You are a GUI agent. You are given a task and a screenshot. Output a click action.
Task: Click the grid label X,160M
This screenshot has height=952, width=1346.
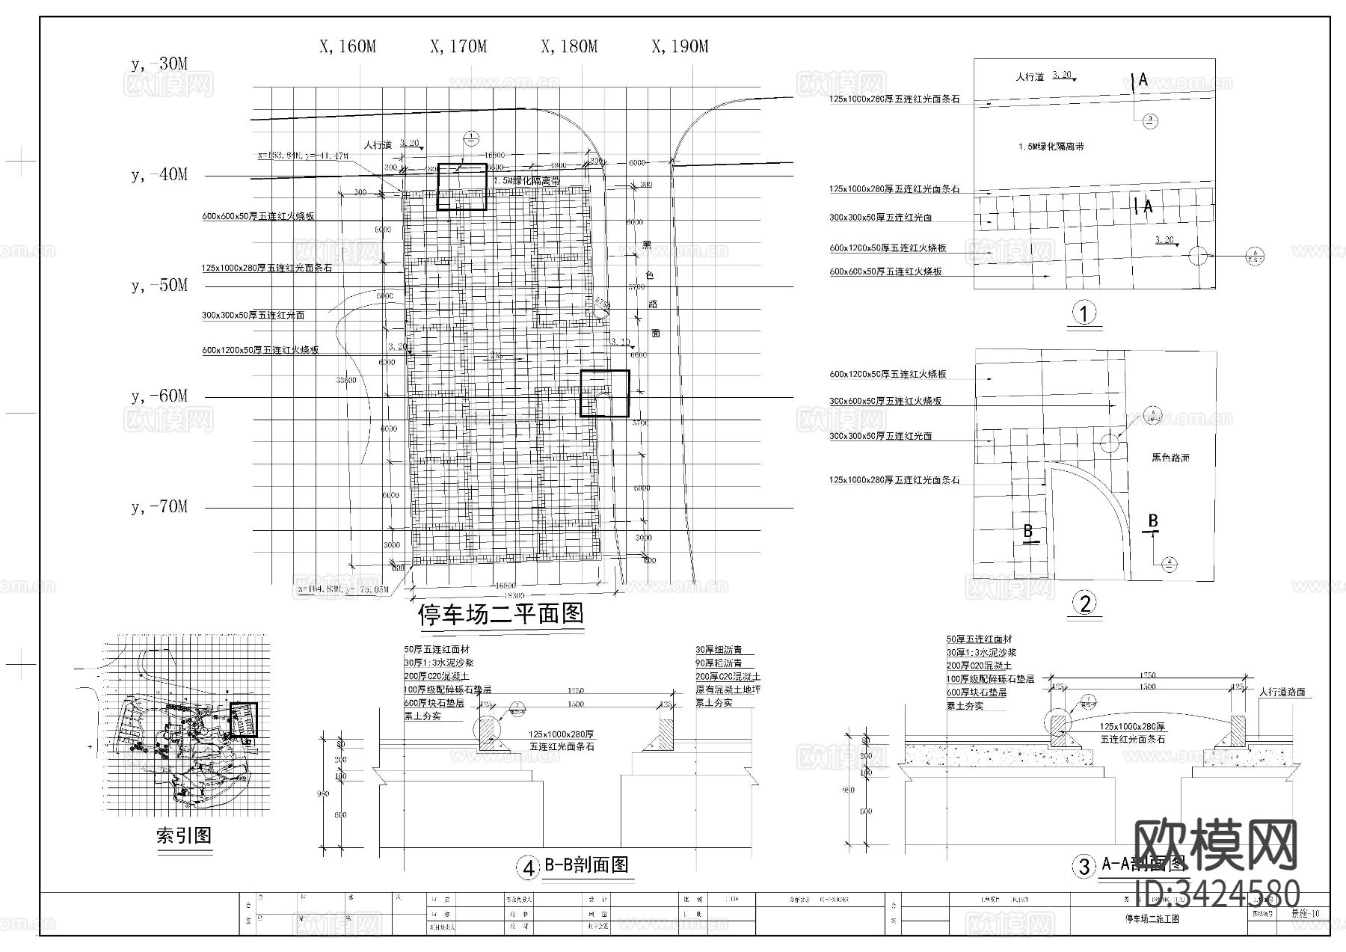tap(348, 46)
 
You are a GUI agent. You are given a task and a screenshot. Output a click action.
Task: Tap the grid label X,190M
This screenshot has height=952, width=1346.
tap(680, 46)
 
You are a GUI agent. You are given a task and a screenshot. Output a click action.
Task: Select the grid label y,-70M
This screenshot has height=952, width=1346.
tap(159, 507)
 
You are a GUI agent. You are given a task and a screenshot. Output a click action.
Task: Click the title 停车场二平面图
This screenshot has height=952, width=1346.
tap(500, 615)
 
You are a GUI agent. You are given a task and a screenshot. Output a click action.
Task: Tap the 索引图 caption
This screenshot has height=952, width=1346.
tap(184, 835)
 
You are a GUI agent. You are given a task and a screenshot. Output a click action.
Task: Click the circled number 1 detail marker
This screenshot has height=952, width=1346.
tap(1084, 313)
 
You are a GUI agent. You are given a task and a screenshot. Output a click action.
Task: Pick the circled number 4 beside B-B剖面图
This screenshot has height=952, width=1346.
tap(528, 867)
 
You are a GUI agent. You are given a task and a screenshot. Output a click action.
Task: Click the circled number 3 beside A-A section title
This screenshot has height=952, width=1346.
tap(1084, 867)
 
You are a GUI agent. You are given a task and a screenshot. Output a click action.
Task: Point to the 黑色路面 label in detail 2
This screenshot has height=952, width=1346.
tap(1170, 457)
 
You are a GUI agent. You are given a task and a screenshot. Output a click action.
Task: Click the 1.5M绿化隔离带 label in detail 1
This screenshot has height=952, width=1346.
tap(1051, 147)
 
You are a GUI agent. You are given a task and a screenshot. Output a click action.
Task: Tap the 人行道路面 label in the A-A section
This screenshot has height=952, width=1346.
tap(1282, 692)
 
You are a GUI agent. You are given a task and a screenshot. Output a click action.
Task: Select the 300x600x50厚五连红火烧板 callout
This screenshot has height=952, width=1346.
tap(885, 402)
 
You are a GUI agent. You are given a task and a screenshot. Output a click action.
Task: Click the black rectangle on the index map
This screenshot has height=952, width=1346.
tap(244, 719)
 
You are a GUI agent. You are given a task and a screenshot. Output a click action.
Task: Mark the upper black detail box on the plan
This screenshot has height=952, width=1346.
tap(461, 186)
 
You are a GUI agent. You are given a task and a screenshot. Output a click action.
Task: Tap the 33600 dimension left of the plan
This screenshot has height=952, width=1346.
tap(345, 380)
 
